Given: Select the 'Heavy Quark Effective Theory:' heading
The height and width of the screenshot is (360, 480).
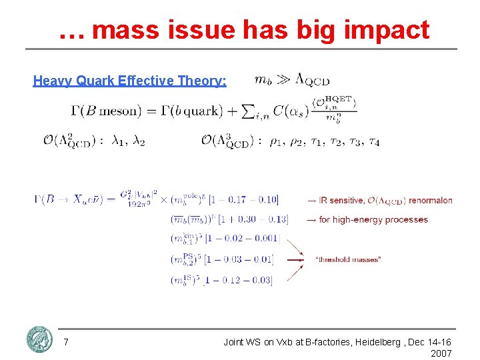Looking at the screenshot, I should click(129, 81).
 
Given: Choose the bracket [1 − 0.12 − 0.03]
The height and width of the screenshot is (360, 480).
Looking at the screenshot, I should click(239, 280).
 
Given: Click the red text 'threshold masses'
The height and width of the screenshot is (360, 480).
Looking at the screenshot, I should click(348, 259).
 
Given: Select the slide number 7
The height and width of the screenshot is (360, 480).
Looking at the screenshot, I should click(65, 342).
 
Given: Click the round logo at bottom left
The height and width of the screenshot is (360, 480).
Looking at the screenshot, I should click(39, 339).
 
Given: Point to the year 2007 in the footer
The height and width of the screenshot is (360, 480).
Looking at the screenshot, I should click(441, 353).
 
